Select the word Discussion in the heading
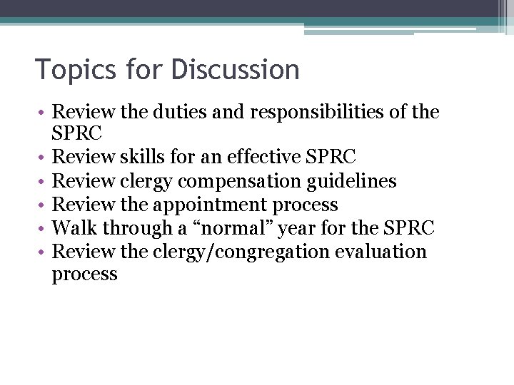pos(235,70)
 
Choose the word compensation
pos(244,182)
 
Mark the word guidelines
pos(351,182)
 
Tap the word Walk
pos(75,229)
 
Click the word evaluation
pos(382,252)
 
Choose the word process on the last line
pos(84,275)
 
